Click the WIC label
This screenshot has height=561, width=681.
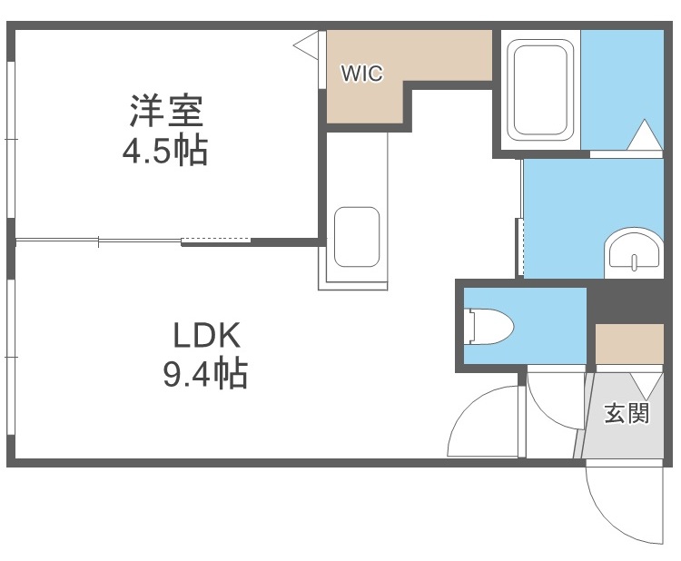coord(361,74)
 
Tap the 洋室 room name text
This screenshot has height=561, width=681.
coord(165,112)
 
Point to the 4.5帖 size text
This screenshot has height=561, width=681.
coord(165,150)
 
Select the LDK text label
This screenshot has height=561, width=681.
coord(206,337)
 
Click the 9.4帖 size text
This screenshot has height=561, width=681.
coord(205,373)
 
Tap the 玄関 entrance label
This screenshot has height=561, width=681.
coord(627,414)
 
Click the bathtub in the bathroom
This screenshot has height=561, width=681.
coord(540,89)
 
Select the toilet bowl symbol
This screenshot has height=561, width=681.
coord(494,326)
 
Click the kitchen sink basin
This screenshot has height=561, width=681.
coord(355,237)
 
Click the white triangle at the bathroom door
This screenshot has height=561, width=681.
coord(646,135)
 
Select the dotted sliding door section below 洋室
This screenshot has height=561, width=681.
coord(216,241)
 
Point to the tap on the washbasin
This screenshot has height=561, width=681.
coord(635,261)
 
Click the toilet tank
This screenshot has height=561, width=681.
coord(469,326)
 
